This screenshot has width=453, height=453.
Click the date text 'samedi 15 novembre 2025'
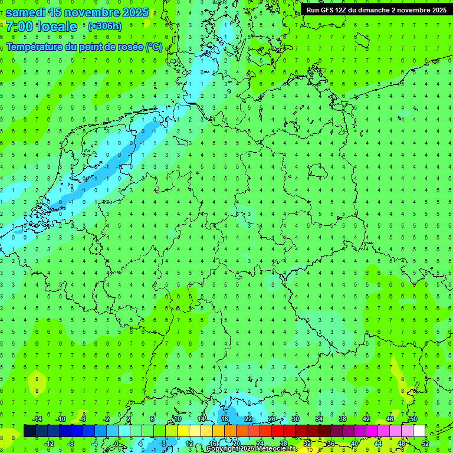click(x=77, y=12)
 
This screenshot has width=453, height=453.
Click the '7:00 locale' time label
click(x=41, y=27)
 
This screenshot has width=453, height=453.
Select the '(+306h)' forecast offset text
click(x=104, y=27)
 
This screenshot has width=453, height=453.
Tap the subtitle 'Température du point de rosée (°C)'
click(x=84, y=47)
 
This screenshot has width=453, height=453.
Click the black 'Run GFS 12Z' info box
click(x=376, y=10)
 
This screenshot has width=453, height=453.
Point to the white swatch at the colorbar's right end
click(x=419, y=431)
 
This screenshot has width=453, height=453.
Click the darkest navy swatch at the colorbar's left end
click(x=29, y=431)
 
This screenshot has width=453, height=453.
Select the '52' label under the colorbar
click(x=425, y=443)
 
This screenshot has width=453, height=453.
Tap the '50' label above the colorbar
click(x=413, y=418)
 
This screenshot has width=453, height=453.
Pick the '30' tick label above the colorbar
click(x=295, y=418)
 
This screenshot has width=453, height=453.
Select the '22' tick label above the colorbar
click(x=248, y=418)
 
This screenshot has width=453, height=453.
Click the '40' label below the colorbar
click(x=354, y=443)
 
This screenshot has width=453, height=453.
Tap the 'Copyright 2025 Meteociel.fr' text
click(x=251, y=449)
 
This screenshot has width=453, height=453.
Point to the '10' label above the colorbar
click(x=177, y=418)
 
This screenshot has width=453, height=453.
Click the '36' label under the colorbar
click(x=330, y=443)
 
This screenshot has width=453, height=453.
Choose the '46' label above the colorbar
click(x=389, y=418)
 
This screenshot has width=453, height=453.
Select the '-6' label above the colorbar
click(x=83, y=418)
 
